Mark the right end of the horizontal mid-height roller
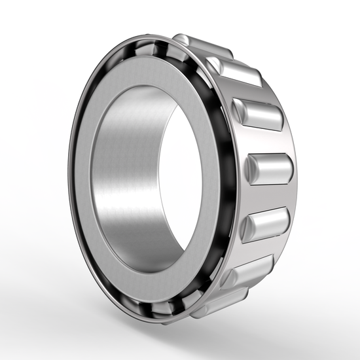point(289,169)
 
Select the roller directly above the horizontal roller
point(262,115)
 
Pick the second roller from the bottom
point(245,272)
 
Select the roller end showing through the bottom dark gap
point(164,308)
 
